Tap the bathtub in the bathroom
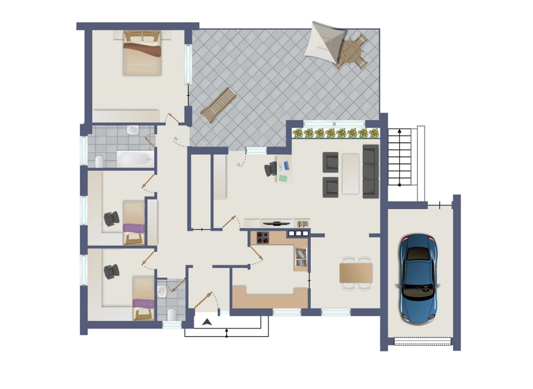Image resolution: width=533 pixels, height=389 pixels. [134, 159]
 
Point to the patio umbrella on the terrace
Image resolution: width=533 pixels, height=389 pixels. [327, 40]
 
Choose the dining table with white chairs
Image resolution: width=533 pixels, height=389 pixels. [356, 273]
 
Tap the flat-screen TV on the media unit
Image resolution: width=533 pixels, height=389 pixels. [278, 222]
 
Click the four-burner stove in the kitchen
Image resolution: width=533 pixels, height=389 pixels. [263, 237]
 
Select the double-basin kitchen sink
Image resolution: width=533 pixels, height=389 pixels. [301, 258]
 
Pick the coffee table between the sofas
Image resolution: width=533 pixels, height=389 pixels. [350, 174]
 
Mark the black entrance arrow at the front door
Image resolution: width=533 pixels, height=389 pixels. [206, 321]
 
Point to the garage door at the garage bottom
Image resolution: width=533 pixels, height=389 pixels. [423, 341]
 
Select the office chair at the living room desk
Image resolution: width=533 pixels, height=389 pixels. [270, 168]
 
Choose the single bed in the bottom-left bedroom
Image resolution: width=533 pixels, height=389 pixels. [143, 297]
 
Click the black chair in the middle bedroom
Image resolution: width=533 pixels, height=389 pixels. [110, 220]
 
